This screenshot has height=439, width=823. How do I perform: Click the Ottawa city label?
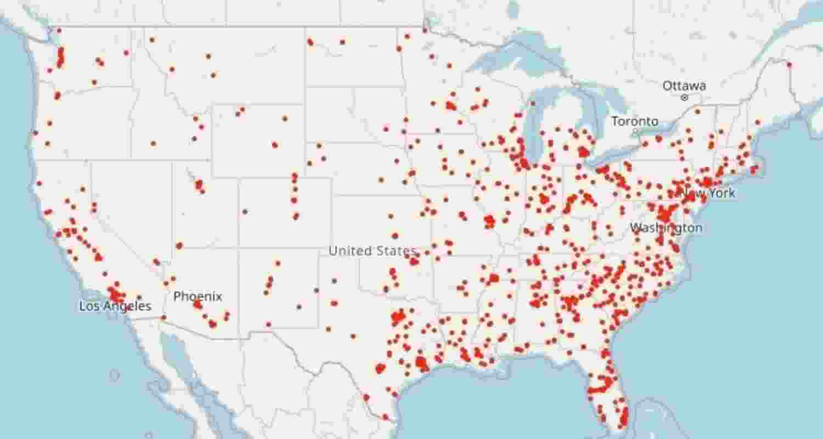click(684, 86)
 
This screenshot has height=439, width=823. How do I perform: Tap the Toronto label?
click(635, 121)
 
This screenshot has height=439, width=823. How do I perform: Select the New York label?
click(708, 193)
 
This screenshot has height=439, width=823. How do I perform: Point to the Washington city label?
click(666, 228)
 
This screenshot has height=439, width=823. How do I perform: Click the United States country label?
click(372, 251)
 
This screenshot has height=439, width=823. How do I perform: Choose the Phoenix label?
click(198, 297)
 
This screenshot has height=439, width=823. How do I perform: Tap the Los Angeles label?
click(115, 306)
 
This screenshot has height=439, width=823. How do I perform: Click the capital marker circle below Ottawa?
click(684, 98)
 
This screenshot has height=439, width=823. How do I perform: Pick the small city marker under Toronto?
click(635, 132)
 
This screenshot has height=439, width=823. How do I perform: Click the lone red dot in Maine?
click(789, 65)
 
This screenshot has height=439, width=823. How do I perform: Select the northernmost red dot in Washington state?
click(59, 31)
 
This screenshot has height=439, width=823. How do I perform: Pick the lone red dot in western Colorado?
click(245, 211)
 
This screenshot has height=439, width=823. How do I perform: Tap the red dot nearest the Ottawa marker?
click(697, 112)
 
